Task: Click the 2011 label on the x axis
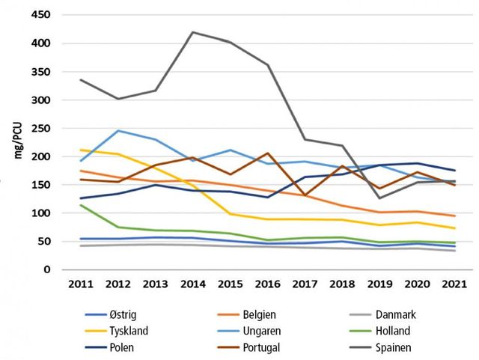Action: (x=80, y=284)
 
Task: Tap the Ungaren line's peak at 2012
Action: (x=119, y=131)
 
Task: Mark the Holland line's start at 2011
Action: (x=80, y=205)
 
